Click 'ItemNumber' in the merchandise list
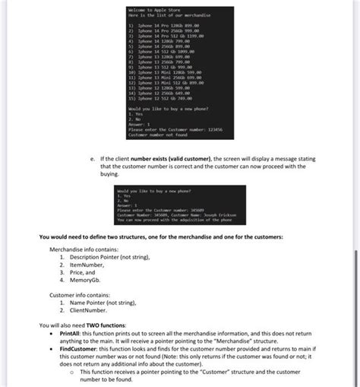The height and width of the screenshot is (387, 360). [84, 264]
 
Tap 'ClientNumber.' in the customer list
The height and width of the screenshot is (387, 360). [86, 309]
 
